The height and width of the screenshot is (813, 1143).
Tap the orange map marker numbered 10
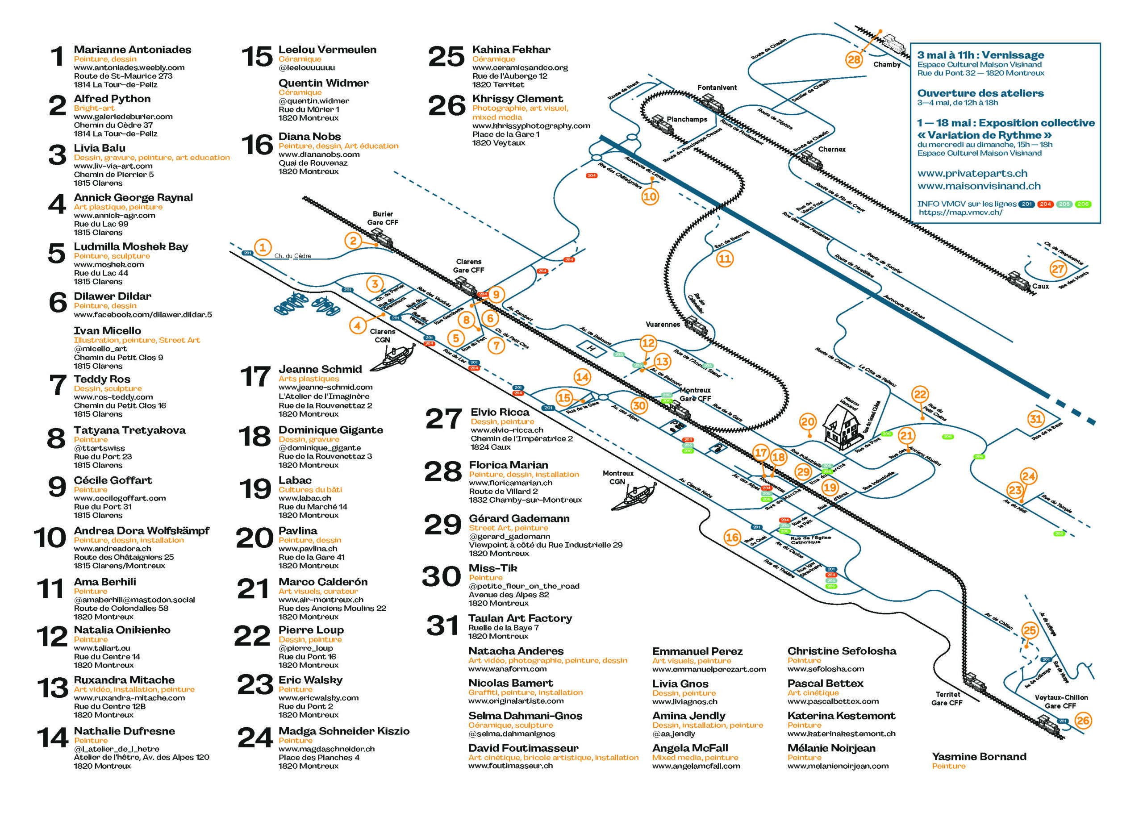pyautogui.click(x=649, y=196)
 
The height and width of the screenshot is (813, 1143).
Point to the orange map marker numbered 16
pyautogui.click(x=732, y=538)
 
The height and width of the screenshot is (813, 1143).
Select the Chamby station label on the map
pyautogui.click(x=886, y=65)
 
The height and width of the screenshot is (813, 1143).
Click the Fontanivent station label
pyautogui.click(x=717, y=88)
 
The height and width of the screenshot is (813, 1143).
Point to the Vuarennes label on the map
pyautogui.click(x=663, y=325)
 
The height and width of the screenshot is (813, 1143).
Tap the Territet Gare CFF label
pyautogui.click(x=946, y=698)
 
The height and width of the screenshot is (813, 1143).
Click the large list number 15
pyautogui.click(x=256, y=57)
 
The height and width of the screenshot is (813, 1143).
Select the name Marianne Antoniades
pyautogui.click(x=132, y=50)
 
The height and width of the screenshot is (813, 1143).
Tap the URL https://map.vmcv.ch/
pyautogui.click(x=960, y=212)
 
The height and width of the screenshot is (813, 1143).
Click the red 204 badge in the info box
pyautogui.click(x=1045, y=204)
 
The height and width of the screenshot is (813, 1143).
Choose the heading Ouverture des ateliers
pyautogui.click(x=980, y=93)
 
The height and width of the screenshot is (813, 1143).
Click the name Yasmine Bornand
pyautogui.click(x=979, y=756)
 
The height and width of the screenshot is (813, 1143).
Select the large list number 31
pyautogui.click(x=442, y=626)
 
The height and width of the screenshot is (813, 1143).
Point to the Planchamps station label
pyautogui.click(x=686, y=119)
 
